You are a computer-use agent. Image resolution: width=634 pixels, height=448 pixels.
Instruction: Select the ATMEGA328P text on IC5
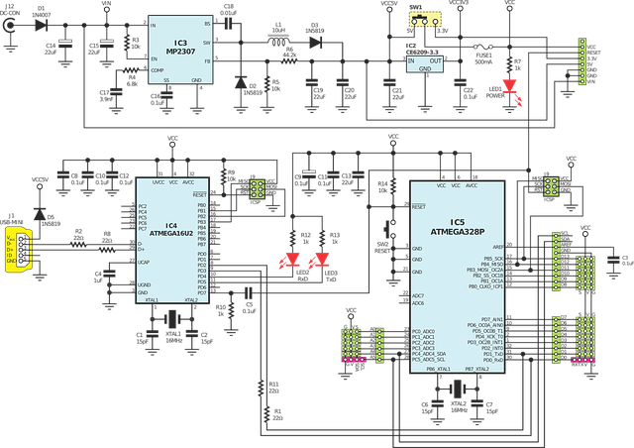[457, 230]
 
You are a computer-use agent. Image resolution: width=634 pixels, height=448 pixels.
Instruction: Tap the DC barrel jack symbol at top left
[9, 26]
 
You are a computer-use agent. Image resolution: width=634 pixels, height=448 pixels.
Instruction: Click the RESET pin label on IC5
[419, 206]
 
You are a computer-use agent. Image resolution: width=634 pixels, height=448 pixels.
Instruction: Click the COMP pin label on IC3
[157, 70]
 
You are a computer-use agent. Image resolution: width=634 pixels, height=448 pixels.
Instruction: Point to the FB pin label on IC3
[207, 61]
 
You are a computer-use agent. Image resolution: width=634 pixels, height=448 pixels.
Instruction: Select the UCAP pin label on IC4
[144, 262]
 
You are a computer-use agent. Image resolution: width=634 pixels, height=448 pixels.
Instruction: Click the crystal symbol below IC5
[457, 388]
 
